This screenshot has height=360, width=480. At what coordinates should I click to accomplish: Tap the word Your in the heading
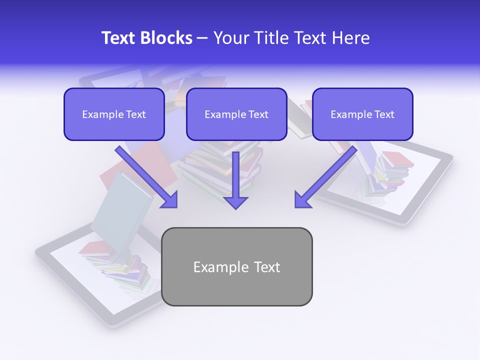(229, 38)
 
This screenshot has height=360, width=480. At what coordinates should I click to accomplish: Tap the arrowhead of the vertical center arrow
(235, 202)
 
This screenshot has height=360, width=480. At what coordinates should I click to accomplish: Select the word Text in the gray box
(267, 267)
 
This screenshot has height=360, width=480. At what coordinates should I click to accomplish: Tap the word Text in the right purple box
(384, 114)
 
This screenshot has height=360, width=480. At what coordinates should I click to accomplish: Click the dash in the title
(202, 38)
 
